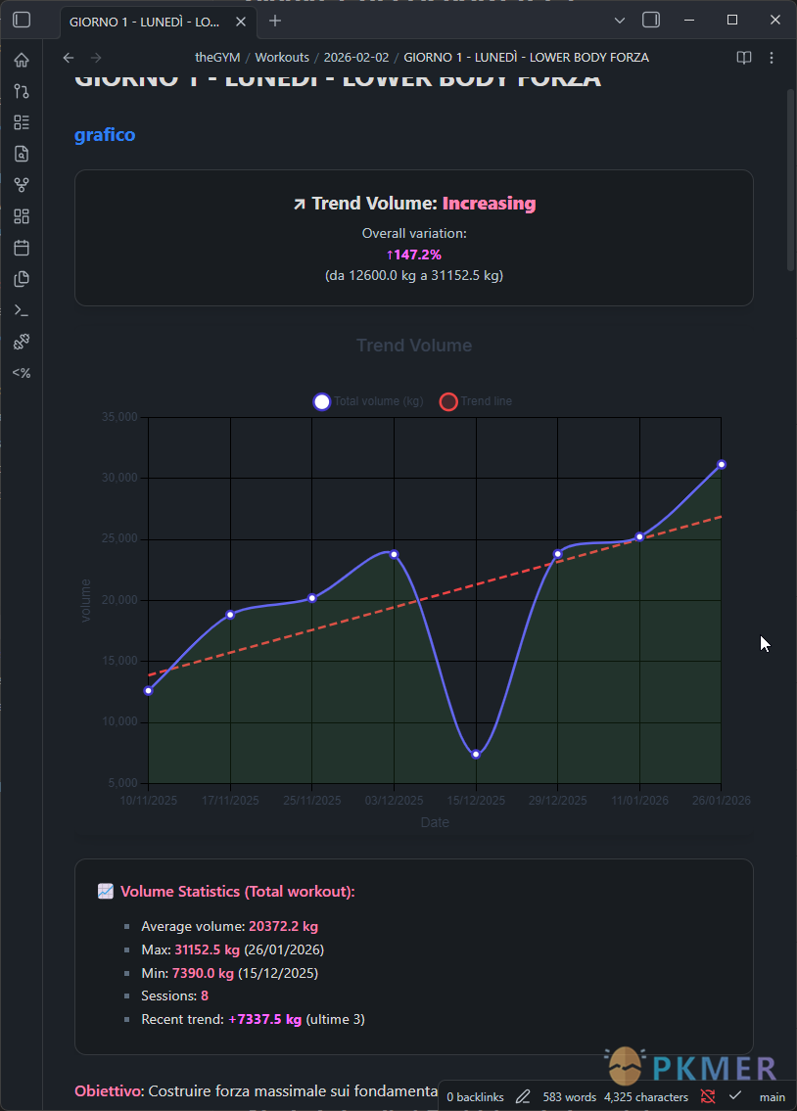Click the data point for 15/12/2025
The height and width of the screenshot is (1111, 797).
pyautogui.click(x=476, y=754)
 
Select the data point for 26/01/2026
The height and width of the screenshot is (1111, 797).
pyautogui.click(x=722, y=464)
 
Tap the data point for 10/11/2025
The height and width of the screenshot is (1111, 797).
pyautogui.click(x=148, y=690)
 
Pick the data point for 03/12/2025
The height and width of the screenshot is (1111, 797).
pyautogui.click(x=394, y=554)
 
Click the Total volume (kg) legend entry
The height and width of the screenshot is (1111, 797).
pyautogui.click(x=368, y=401)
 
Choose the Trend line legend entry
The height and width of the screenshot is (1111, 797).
pyautogui.click(x=476, y=401)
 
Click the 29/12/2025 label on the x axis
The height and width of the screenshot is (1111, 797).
pyautogui.click(x=557, y=801)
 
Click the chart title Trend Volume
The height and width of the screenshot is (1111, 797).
pyautogui.click(x=414, y=346)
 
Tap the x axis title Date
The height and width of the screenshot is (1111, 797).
pyautogui.click(x=435, y=822)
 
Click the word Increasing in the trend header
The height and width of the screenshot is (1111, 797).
pyautogui.click(x=489, y=204)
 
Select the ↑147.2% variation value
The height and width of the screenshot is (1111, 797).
pyautogui.click(x=414, y=255)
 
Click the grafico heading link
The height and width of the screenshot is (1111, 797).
pyautogui.click(x=105, y=135)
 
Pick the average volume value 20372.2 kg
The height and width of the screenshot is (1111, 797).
pyautogui.click(x=283, y=926)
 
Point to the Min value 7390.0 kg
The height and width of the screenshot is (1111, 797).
pyautogui.click(x=203, y=973)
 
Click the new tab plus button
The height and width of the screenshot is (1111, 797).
pyautogui.click(x=275, y=21)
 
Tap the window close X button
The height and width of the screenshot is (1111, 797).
pyautogui.click(x=774, y=21)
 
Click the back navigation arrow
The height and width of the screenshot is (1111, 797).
pyautogui.click(x=69, y=58)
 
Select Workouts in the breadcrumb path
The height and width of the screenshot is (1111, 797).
pyautogui.click(x=282, y=58)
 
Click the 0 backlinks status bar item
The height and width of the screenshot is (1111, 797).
pyautogui.click(x=475, y=1097)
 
